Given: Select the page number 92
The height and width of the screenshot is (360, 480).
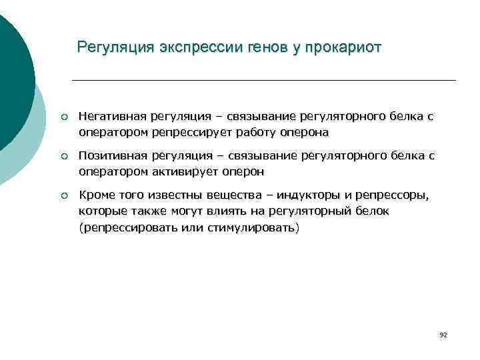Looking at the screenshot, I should pyautogui.click(x=443, y=334).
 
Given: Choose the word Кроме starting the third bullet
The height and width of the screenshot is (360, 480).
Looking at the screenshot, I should pyautogui.click(x=96, y=195).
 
